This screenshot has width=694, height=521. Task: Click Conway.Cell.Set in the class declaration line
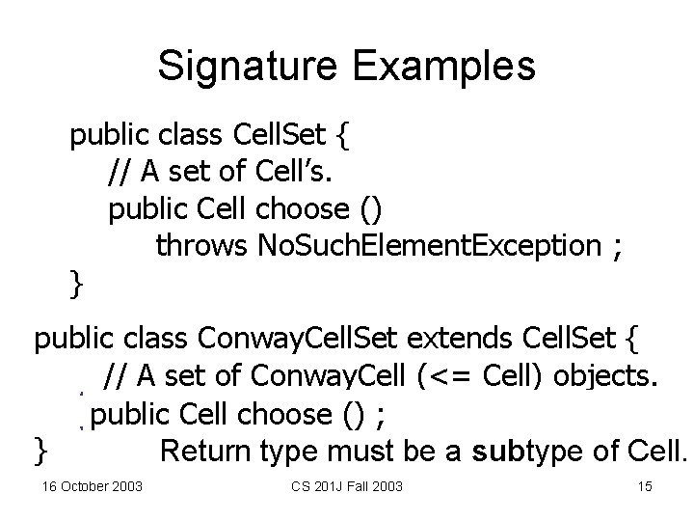pyautogui.click(x=299, y=340)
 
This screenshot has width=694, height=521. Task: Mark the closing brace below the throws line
pyautogui.click(x=76, y=283)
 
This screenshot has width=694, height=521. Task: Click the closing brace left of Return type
pyautogui.click(x=40, y=450)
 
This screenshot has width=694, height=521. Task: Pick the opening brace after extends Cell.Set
pyautogui.click(x=630, y=340)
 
